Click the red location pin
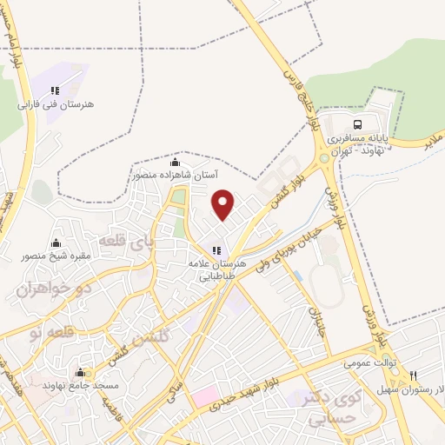(224, 205)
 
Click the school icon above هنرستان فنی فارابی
(55, 90)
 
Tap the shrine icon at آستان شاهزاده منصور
(176, 162)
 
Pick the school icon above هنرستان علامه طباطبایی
(216, 249)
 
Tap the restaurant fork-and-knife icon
(413, 376)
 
